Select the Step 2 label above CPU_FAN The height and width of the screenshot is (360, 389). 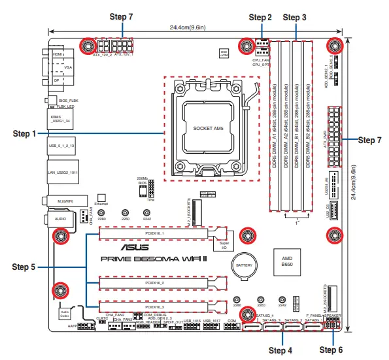pos(260,16)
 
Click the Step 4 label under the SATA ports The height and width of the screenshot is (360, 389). pos(280,350)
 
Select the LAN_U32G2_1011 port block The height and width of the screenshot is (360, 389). pos(62,172)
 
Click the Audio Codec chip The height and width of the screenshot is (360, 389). pos(65,314)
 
